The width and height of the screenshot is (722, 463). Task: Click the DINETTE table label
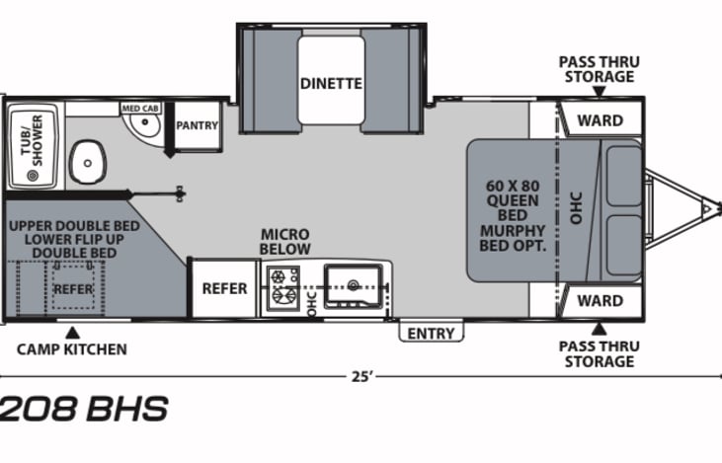[331, 84]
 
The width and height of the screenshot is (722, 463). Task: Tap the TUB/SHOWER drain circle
[33, 175]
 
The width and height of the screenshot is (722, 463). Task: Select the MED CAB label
[140, 109]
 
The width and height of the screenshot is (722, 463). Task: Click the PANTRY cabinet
[198, 125]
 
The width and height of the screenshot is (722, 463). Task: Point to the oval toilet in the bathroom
[88, 162]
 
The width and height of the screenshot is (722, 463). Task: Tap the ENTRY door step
[431, 332]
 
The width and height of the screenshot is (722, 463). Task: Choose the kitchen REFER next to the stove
[225, 288]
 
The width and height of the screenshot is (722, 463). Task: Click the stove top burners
[283, 287]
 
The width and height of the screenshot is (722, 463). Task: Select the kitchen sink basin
[354, 285]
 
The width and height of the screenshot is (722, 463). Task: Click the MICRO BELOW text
[285, 242]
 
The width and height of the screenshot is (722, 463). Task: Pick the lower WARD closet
[601, 301]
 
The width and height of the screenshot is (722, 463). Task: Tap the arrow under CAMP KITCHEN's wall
[72, 333]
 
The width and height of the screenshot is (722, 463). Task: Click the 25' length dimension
[361, 376]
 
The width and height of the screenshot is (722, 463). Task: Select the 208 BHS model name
[84, 409]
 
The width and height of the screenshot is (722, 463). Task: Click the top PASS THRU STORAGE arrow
[600, 92]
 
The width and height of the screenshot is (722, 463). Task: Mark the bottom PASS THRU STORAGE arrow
[600, 329]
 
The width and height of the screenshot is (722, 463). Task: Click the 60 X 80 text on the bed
[513, 186]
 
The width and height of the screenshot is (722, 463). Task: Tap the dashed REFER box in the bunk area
[73, 287]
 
